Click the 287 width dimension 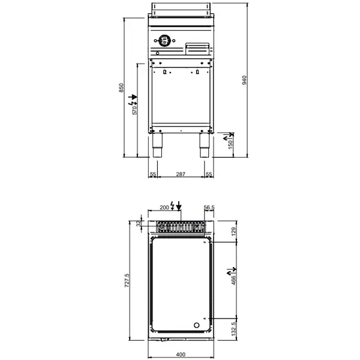coord(181,174)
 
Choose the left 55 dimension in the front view coord(152,174)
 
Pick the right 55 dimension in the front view coord(209,174)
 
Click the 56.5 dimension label coord(209,207)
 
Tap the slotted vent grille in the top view coord(181,227)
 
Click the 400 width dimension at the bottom coord(181,354)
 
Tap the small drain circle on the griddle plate coord(196,325)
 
